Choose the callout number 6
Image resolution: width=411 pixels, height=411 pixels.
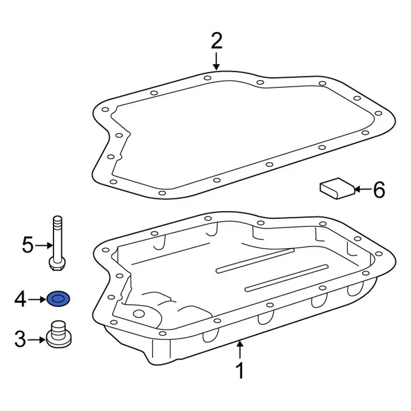(378, 190)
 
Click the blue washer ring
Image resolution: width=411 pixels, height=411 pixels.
(59, 298)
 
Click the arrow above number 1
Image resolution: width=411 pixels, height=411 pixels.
(239, 349)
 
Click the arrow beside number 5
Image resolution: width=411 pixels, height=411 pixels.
(42, 246)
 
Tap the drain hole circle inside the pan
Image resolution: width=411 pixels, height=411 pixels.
(139, 315)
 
